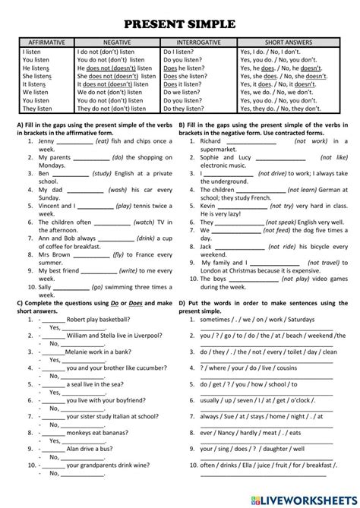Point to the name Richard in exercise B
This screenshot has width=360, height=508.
(211, 141)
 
